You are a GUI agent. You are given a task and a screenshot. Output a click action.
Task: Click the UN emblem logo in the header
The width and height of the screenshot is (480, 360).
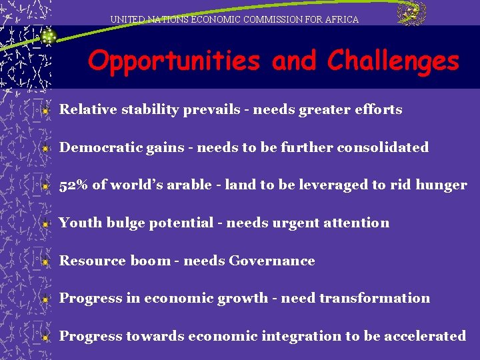click(411, 13)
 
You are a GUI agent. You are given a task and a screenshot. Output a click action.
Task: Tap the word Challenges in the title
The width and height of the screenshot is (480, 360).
click(393, 61)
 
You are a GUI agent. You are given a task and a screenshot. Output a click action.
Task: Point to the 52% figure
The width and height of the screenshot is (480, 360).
click(73, 185)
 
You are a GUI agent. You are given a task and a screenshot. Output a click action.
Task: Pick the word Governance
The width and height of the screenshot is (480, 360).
click(271, 261)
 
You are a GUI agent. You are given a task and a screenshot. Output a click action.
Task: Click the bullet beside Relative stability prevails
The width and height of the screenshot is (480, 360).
click(45, 111)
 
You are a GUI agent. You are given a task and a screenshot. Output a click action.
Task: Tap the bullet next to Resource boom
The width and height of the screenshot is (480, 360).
click(45, 262)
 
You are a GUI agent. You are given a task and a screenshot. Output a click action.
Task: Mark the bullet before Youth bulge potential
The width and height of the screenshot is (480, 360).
click(45, 224)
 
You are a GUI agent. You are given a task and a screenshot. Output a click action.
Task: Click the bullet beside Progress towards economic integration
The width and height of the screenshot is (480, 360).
click(45, 337)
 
